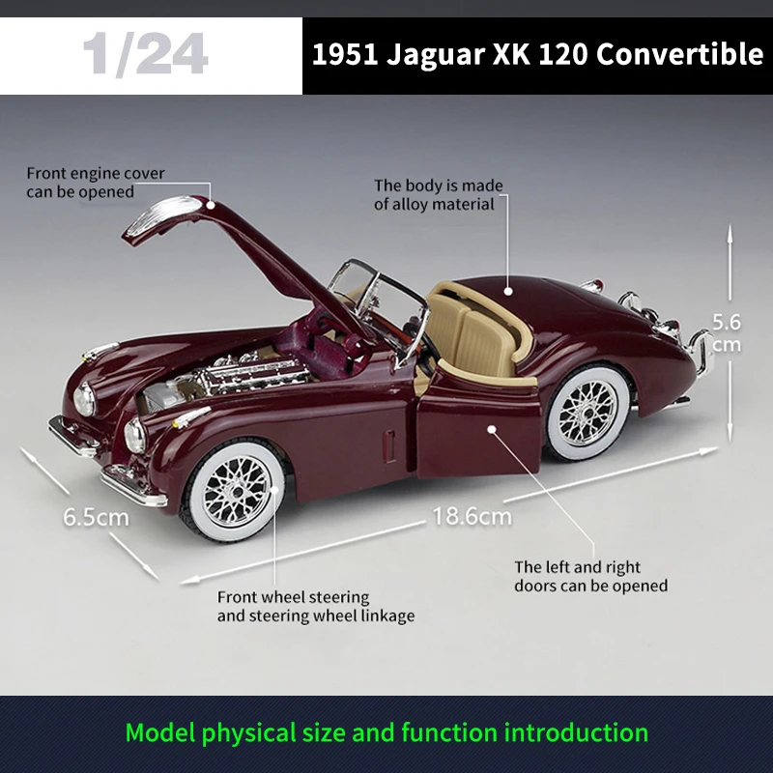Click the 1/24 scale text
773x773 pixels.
(x=145, y=55)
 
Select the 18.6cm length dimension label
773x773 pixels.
(x=472, y=516)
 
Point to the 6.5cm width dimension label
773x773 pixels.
(x=96, y=516)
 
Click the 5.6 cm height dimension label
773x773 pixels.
(x=726, y=331)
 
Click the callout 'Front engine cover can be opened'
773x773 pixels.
(x=95, y=183)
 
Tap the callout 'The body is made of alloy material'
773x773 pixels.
(x=438, y=194)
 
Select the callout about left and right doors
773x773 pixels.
(x=590, y=576)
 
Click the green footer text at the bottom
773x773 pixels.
(x=386, y=732)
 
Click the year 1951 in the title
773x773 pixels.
(x=344, y=54)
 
